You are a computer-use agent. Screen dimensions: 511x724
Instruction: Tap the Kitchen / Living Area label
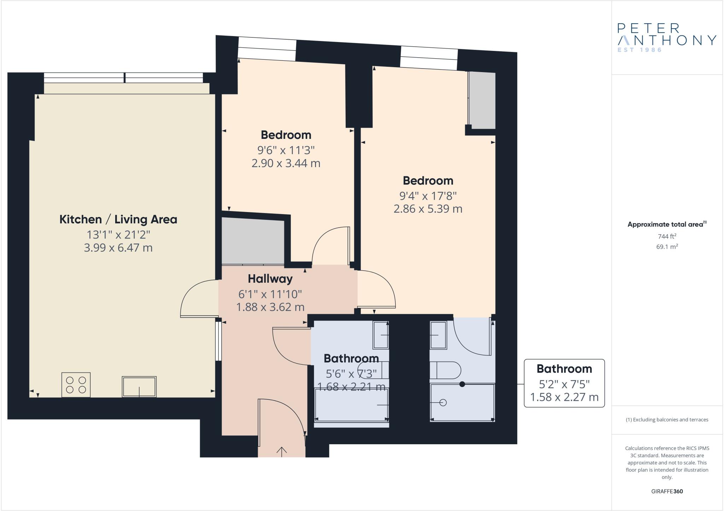[118, 219]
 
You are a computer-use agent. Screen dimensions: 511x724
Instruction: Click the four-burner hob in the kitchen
[76, 385]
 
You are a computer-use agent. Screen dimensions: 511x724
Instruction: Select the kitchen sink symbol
[139, 387]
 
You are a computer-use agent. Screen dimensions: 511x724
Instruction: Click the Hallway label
[270, 279]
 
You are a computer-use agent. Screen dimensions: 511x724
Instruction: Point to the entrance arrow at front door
[281, 452]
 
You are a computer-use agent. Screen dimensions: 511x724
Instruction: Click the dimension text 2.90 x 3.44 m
[286, 164]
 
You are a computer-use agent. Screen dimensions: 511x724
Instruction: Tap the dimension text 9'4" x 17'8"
[428, 195]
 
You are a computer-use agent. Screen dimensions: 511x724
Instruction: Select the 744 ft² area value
[667, 236]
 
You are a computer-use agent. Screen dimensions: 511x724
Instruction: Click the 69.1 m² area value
[667, 247]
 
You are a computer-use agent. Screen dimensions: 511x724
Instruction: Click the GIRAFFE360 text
[667, 491]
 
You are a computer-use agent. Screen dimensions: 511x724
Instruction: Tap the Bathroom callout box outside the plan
[564, 383]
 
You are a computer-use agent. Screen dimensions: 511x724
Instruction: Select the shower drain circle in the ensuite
[443, 403]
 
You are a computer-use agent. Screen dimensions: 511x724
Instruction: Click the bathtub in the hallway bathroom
[351, 405]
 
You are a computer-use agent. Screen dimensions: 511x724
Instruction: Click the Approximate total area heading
[667, 224]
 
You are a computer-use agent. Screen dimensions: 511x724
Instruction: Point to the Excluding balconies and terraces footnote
[667, 420]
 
